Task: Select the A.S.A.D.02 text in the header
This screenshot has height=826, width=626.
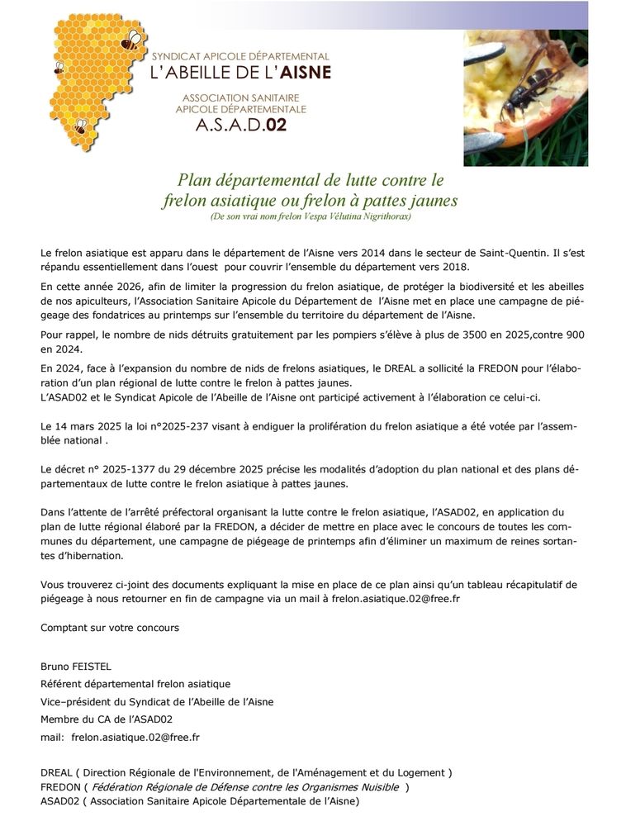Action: tap(240, 126)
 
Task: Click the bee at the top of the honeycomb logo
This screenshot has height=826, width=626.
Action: tap(130, 40)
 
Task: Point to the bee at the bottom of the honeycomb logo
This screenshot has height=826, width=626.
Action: tap(80, 127)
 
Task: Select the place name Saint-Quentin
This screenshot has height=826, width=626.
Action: tap(538, 251)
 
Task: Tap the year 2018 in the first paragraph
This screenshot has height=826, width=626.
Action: tap(455, 267)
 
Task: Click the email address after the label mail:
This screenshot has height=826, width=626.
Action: tap(135, 737)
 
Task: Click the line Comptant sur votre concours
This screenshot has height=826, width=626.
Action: tap(110, 628)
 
